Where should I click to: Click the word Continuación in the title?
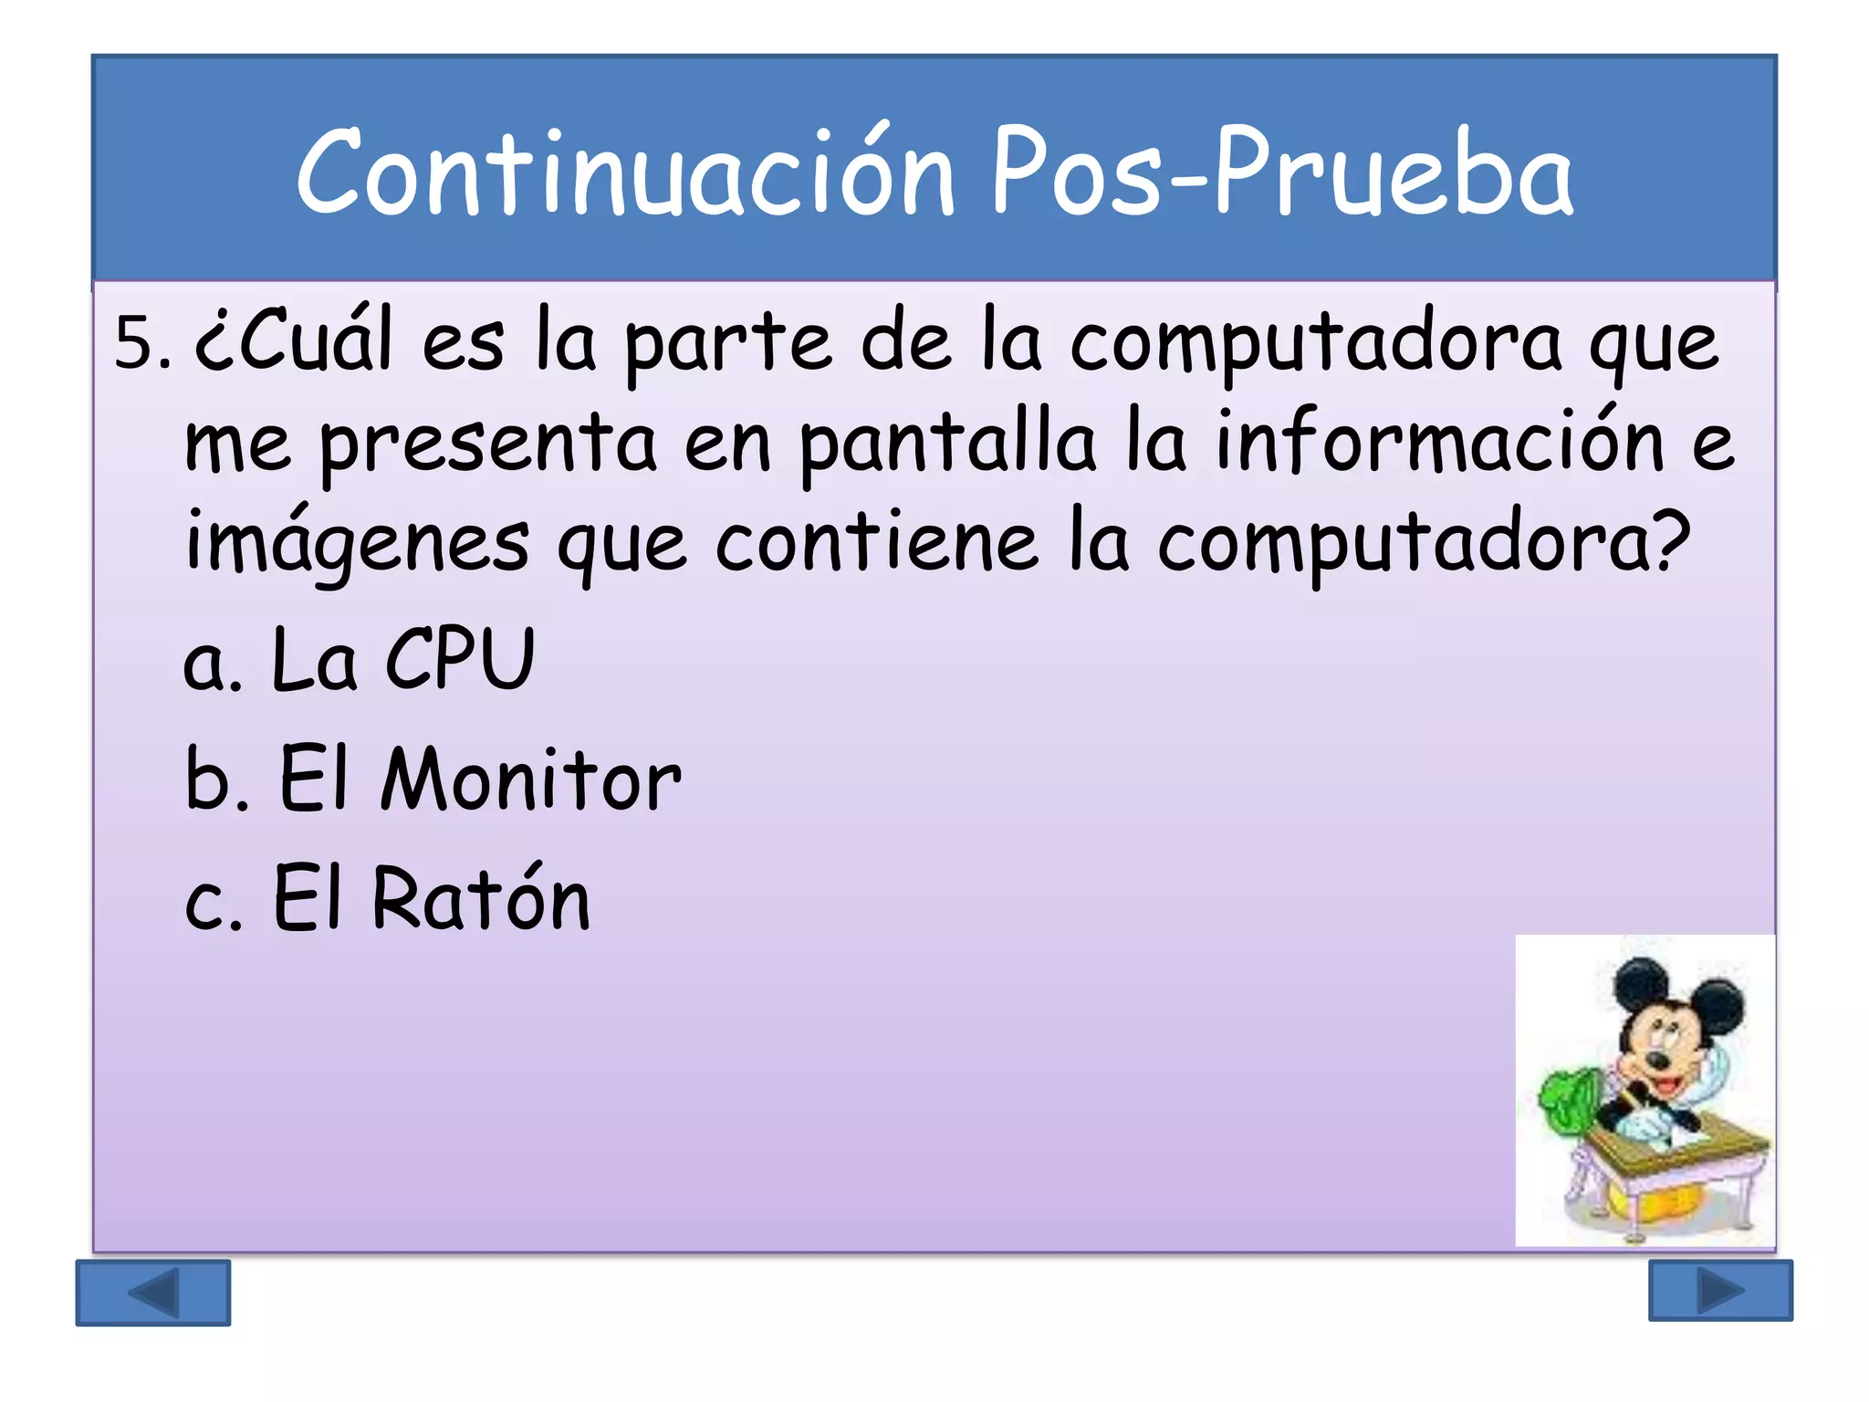(625, 173)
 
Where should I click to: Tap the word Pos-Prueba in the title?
(1282, 173)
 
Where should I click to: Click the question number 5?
(141, 345)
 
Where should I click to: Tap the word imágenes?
(357, 543)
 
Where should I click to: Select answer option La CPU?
(402, 659)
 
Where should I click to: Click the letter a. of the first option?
(212, 664)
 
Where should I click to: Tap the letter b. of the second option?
(215, 779)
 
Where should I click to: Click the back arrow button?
(153, 1292)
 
